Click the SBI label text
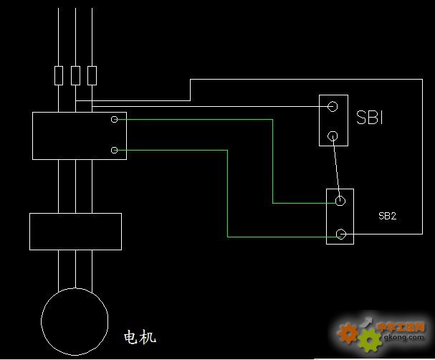[370, 118]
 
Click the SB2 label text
[387, 216]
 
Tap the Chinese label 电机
[140, 336]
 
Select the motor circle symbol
[75, 321]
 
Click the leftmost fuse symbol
[59, 75]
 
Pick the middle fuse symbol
[75, 75]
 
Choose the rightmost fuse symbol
[92, 75]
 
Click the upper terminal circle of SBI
[333, 106]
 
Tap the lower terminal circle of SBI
[333, 136]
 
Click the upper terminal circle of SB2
[340, 202]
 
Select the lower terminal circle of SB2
[341, 234]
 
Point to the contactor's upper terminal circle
[114, 120]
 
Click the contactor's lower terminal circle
[114, 150]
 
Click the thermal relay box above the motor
[75, 231]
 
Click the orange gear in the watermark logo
[348, 332]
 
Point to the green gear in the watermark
[370, 340]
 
